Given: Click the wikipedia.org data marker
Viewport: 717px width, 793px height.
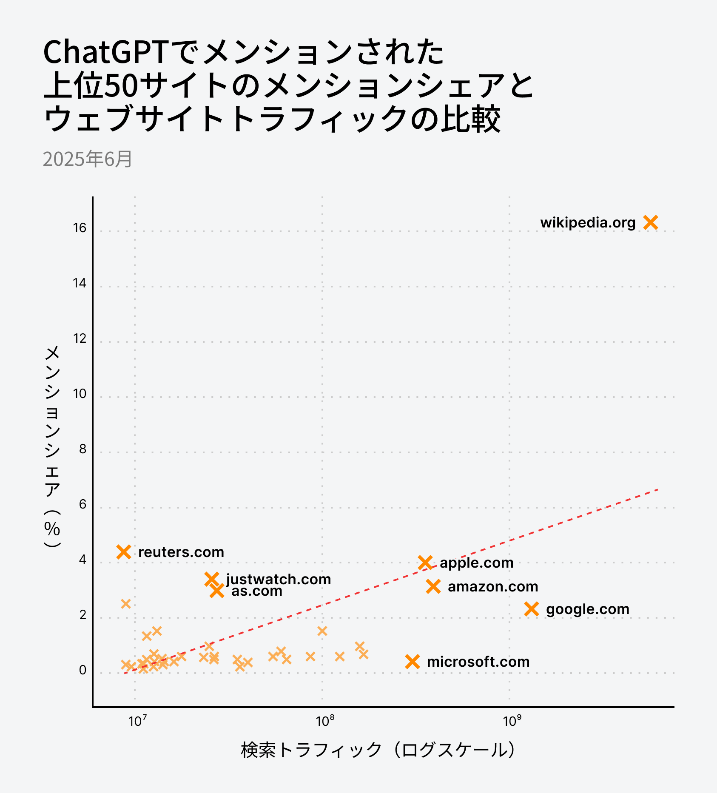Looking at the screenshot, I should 651,222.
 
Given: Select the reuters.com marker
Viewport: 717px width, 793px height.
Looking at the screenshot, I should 124,552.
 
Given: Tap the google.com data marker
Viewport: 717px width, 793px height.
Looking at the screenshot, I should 532,609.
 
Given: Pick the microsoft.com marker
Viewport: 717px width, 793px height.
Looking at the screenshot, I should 413,662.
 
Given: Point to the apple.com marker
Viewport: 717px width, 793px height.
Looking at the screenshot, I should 425,563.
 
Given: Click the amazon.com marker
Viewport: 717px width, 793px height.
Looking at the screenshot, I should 433,586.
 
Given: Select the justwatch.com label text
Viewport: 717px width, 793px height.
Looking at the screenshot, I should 279,579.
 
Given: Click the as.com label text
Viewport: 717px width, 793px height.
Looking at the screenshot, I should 257,591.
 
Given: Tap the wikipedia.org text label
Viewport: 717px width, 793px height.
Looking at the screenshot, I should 588,222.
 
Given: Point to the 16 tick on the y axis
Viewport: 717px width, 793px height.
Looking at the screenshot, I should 80,228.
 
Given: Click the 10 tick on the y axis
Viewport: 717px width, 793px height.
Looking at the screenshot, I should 80,394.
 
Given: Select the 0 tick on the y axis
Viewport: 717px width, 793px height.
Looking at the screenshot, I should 83,670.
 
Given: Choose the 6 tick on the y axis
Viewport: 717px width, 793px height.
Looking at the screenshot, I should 83,504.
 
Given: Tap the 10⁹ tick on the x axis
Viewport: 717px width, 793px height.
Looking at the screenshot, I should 512,721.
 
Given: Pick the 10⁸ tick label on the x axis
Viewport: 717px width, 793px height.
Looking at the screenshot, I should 325,721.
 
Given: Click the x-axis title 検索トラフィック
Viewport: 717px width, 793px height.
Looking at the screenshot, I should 378,750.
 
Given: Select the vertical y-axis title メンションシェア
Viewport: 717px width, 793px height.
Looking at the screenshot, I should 52,446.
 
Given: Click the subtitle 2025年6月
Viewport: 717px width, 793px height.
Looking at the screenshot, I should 88,159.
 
